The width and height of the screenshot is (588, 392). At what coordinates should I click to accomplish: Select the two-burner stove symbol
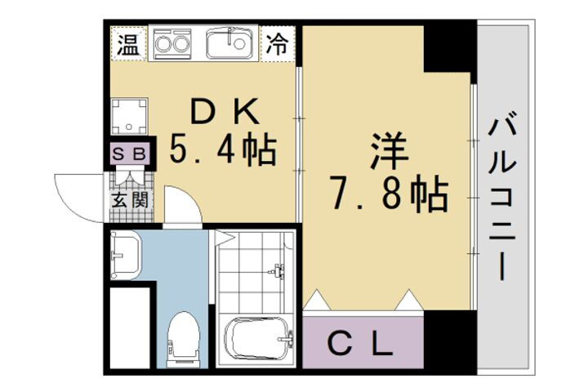(172, 42)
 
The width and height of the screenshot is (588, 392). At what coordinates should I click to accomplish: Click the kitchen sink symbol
(232, 42)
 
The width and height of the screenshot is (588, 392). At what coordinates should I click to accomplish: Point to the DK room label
(221, 109)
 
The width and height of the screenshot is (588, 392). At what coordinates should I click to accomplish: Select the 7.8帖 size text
(389, 194)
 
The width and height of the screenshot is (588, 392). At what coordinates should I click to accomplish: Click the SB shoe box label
(128, 154)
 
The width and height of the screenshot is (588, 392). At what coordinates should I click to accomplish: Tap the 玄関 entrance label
(128, 198)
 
